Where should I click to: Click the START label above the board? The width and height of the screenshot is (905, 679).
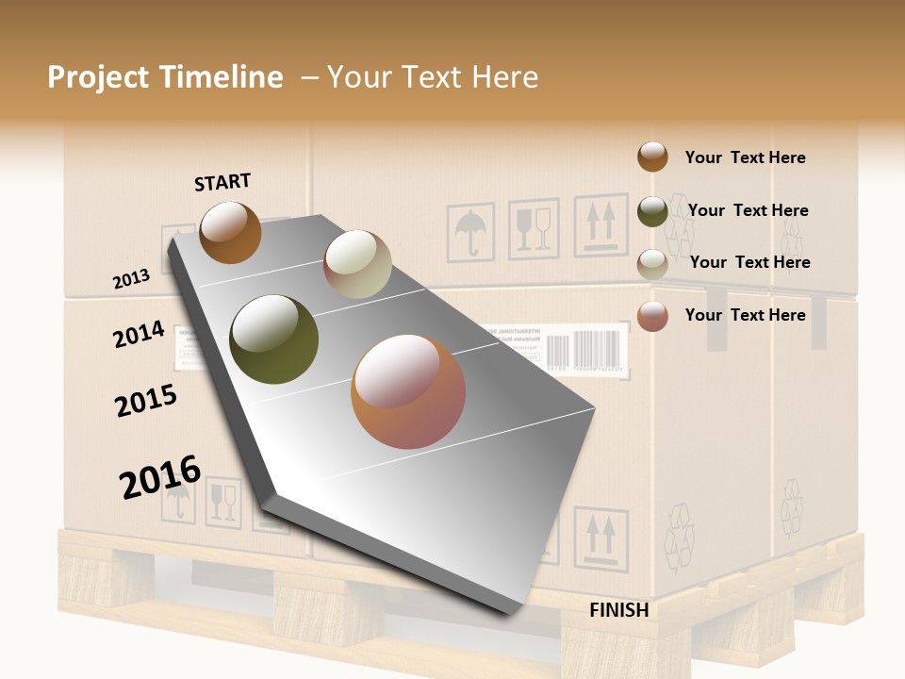click(x=222, y=182)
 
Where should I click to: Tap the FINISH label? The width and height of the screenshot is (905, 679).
click(x=618, y=610)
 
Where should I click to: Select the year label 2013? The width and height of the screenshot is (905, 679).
click(x=131, y=279)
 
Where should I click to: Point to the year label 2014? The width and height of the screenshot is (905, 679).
click(x=139, y=334)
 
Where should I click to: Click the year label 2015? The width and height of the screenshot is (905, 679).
click(x=145, y=401)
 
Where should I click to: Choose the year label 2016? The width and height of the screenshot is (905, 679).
click(x=160, y=476)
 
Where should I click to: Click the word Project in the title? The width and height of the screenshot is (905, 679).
click(x=98, y=77)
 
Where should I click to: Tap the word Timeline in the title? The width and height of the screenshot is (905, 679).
click(x=222, y=77)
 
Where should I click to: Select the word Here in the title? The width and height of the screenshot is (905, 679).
click(x=504, y=77)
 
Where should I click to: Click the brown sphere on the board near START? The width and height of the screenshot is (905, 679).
click(x=230, y=232)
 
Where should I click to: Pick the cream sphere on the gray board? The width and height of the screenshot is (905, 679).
click(x=357, y=264)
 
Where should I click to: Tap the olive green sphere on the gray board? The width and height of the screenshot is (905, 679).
click(x=274, y=339)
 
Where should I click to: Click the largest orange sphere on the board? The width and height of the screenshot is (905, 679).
click(x=408, y=391)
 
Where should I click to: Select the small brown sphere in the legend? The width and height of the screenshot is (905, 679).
click(x=652, y=157)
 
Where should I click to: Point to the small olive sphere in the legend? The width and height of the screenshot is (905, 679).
click(x=652, y=210)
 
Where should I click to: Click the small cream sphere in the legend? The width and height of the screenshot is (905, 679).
click(x=652, y=263)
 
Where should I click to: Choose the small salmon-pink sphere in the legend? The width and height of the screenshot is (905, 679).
click(x=652, y=315)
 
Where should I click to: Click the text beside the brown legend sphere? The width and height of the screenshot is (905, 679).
click(x=745, y=157)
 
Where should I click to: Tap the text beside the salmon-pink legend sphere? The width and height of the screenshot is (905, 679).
click(x=745, y=315)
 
